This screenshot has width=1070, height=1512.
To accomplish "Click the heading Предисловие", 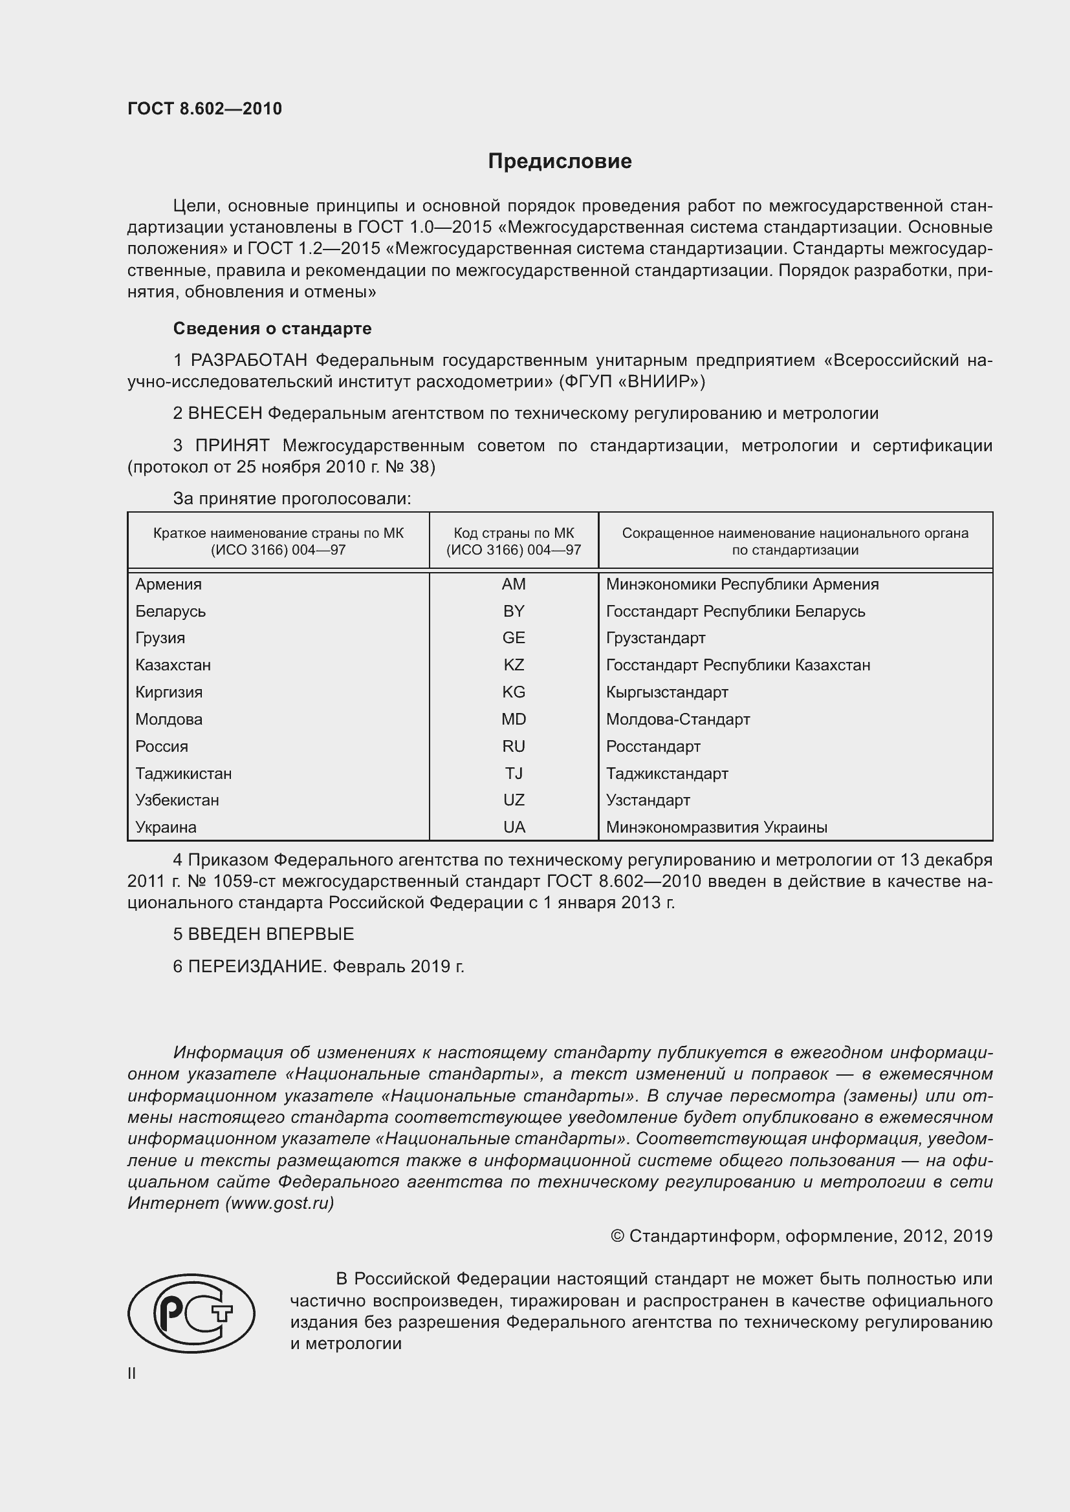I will pos(560,162).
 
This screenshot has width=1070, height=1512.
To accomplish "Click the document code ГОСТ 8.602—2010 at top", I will pos(204,109).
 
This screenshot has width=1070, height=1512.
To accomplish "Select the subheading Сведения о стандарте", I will pos(272,328).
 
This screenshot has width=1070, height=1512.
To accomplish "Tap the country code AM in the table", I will pos(513,584).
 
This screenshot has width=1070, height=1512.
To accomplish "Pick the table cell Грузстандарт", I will pos(655,637).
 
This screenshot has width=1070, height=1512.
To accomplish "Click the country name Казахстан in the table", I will pos(173,665).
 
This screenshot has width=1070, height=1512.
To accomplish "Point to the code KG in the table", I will pos(513,692).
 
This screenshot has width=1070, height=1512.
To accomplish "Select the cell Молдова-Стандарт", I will pos(678,719).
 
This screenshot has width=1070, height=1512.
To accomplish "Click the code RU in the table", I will pos(513,746).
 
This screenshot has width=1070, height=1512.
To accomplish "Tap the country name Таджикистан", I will pos(183,773).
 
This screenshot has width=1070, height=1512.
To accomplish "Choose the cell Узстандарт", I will pos(648,800).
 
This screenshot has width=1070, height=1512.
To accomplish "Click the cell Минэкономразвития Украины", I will pos(716,827).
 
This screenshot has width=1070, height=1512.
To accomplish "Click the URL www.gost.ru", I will pos(279,1203).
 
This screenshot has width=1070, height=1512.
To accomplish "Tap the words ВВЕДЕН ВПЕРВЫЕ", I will pos(271,934).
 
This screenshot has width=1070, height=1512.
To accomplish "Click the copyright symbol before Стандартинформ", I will pos(617,1236).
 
